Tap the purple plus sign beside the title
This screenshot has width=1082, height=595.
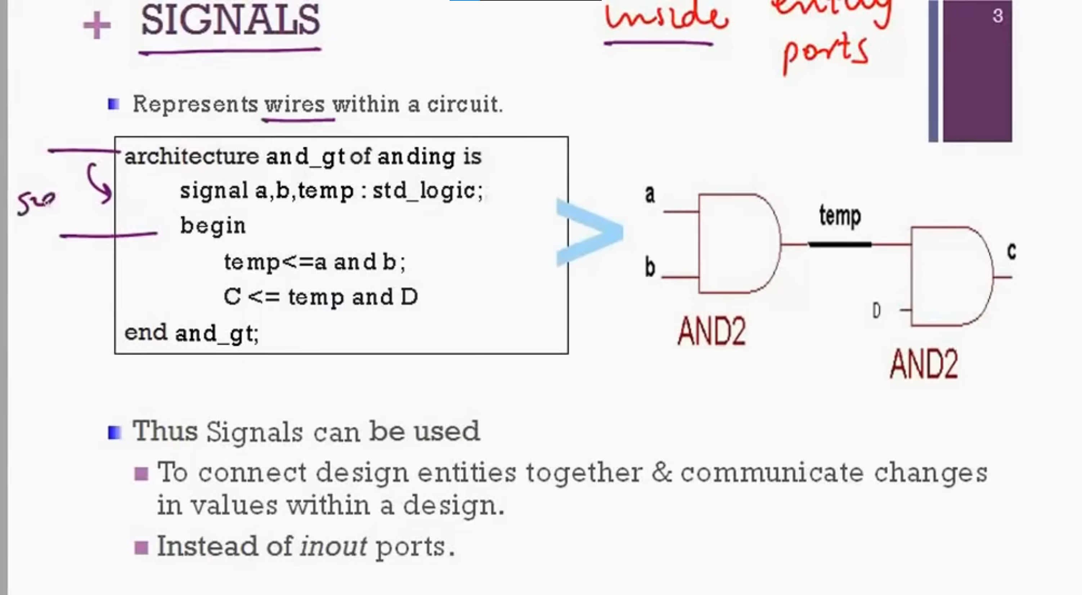[97, 26]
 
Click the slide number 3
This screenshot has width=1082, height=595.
[998, 17]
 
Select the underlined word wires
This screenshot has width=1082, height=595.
[295, 104]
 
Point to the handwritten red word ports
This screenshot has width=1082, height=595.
[825, 53]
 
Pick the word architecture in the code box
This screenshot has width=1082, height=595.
[192, 157]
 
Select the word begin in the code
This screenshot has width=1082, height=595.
[212, 226]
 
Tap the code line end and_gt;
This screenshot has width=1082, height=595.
[192, 333]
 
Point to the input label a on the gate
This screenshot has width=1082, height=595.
[649, 194]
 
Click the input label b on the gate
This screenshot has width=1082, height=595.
[650, 267]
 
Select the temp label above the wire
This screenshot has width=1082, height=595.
[840, 216]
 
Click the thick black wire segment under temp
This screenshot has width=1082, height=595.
[840, 244]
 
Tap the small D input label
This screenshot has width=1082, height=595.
[876, 311]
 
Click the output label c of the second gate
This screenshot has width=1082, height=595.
[1011, 252]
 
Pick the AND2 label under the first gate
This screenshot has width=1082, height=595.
[711, 332]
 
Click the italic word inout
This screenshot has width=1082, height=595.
[333, 546]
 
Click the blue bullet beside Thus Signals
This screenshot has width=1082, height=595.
[114, 432]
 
